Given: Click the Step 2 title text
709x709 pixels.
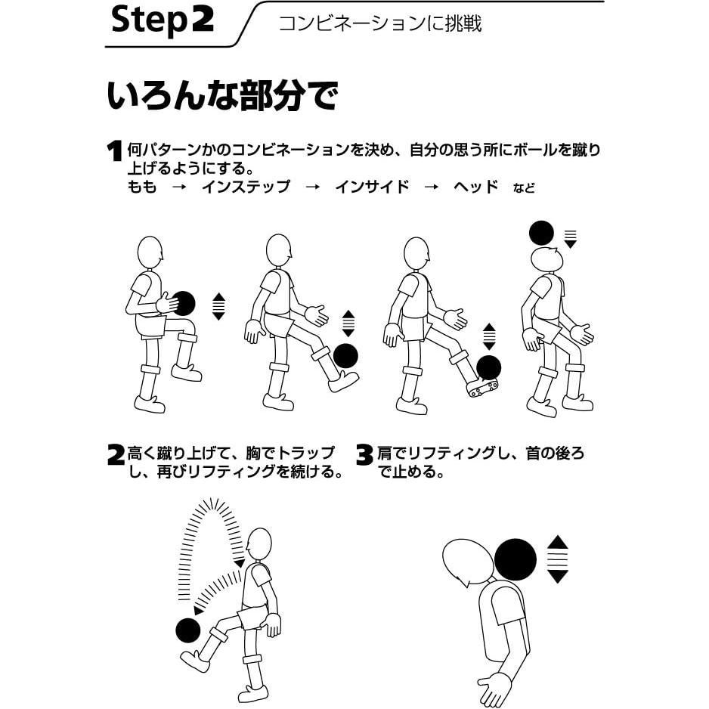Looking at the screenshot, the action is pos(163,20).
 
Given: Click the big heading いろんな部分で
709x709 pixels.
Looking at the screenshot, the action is pos(222,95).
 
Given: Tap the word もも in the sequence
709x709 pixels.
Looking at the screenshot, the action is pos(142,187).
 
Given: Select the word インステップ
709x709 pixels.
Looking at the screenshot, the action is pos(246,187).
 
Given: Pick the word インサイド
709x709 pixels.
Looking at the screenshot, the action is pos(372,187).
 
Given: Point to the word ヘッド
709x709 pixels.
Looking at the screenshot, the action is pos(475,187).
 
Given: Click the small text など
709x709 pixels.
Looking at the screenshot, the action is pos(524,188).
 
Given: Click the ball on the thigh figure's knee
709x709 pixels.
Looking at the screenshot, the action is pos(184,303).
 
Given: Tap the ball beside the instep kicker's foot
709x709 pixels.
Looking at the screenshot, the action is pos(345,356).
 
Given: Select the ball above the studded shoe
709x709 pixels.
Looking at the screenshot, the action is pos(489,367).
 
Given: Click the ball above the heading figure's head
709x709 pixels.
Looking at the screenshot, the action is pos(541,234).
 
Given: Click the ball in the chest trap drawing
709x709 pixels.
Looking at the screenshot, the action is pos(187,630).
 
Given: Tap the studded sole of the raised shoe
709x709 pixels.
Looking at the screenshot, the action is pos(483,388).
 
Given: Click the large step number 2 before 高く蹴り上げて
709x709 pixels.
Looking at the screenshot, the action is pos(116,455).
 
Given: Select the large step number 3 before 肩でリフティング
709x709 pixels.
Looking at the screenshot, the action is pos(364,455).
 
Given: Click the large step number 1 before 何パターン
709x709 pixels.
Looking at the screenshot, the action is pos(115,150).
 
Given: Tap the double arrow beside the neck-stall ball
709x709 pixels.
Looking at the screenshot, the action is pos(557,559).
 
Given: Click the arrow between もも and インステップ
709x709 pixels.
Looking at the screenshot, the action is pos(179,187).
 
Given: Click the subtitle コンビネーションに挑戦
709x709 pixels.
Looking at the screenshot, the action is pos(379,23).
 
